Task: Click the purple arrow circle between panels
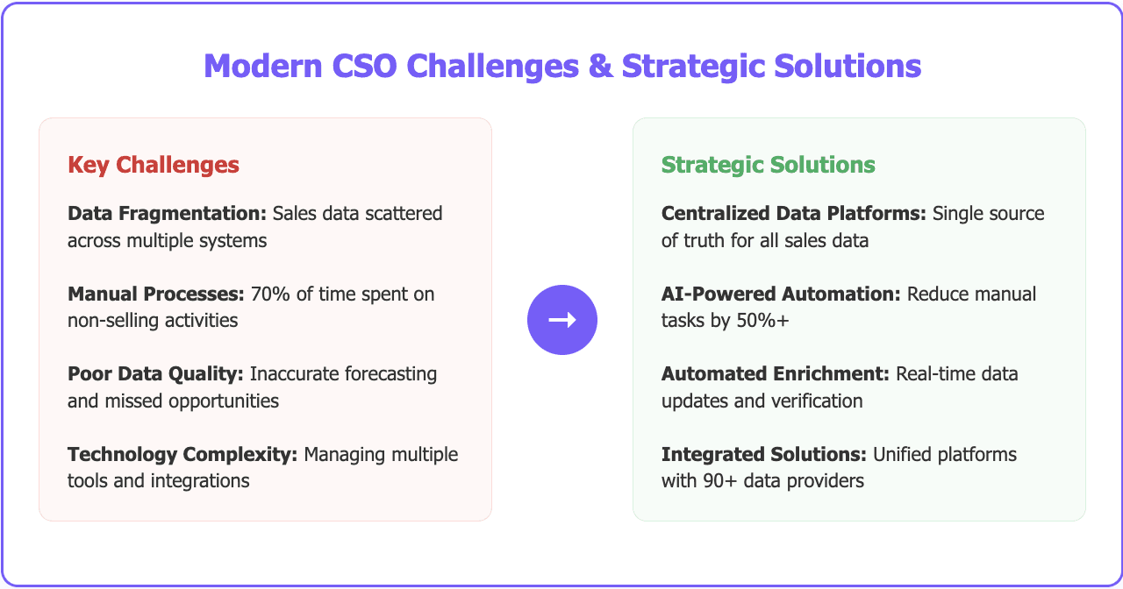(x=561, y=320)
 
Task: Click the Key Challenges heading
(x=153, y=165)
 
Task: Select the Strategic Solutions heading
(x=768, y=165)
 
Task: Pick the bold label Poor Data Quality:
(x=155, y=373)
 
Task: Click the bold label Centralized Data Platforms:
(x=793, y=214)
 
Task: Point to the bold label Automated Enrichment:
(x=776, y=373)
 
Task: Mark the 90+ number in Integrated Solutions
(x=712, y=480)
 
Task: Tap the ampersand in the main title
(x=602, y=67)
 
